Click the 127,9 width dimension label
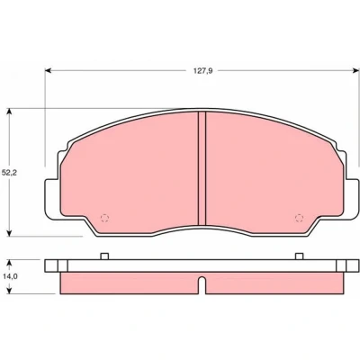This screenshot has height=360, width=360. pos(203,71)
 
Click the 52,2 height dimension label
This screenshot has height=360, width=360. pos(9,173)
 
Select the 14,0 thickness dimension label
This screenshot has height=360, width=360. pos(9,276)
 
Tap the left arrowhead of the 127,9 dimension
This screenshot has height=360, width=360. pos(49,70)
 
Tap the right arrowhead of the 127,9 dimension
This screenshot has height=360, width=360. pos(355,70)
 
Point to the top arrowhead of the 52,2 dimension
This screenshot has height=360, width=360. pos(10,112)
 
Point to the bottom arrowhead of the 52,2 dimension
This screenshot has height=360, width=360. pos(10,232)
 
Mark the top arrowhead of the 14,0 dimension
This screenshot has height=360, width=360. pos(10,263)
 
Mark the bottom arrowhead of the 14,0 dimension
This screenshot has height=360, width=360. pos(10,290)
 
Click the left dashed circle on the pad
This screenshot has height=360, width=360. pos(104,218)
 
